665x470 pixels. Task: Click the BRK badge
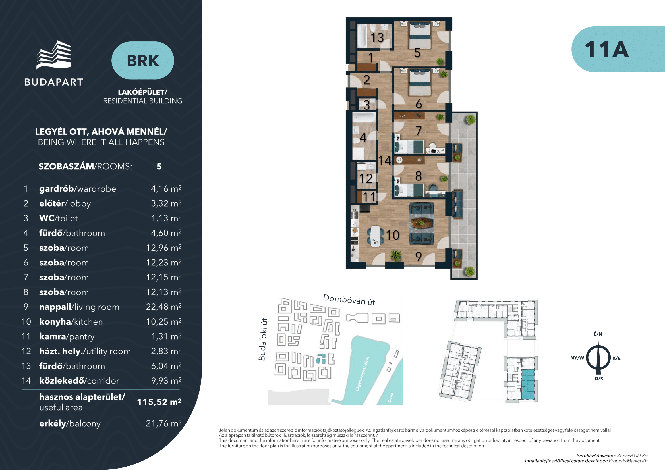(142, 61)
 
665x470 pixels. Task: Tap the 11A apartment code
(606, 49)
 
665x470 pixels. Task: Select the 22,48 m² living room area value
(164, 307)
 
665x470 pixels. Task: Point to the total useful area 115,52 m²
(159, 402)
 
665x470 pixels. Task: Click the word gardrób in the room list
(57, 189)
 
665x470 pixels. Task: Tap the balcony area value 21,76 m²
(164, 423)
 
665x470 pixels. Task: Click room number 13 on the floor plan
(377, 38)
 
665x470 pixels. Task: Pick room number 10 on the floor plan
(392, 235)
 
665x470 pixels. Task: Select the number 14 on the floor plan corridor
(385, 161)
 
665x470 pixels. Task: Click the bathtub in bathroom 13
(362, 36)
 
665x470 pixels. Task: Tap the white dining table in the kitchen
(375, 236)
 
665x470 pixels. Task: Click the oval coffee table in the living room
(422, 223)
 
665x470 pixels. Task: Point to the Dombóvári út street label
(349, 300)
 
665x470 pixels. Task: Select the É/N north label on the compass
(598, 334)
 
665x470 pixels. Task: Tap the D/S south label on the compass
(598, 379)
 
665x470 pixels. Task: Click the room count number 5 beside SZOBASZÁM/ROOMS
(159, 167)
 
